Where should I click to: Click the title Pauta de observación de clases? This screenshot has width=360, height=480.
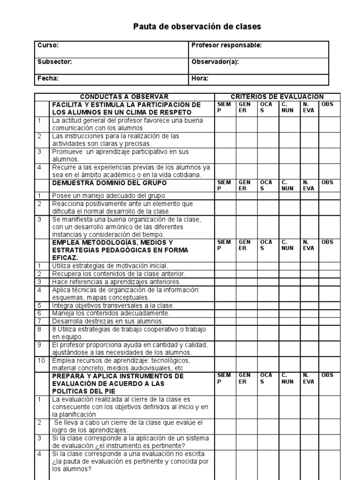click(x=197, y=27)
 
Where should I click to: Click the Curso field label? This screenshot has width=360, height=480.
click(x=48, y=45)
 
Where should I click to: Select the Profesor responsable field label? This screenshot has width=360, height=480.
click(x=226, y=45)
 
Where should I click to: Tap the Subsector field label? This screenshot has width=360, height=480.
click(x=54, y=62)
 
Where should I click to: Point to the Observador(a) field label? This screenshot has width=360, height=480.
click(x=215, y=62)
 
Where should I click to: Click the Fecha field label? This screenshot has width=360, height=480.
click(x=48, y=79)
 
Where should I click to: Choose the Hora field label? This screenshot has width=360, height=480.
click(x=200, y=79)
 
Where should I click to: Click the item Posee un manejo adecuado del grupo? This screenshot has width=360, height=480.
click(x=109, y=195)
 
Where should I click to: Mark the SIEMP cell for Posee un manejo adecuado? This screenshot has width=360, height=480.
click(x=225, y=195)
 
